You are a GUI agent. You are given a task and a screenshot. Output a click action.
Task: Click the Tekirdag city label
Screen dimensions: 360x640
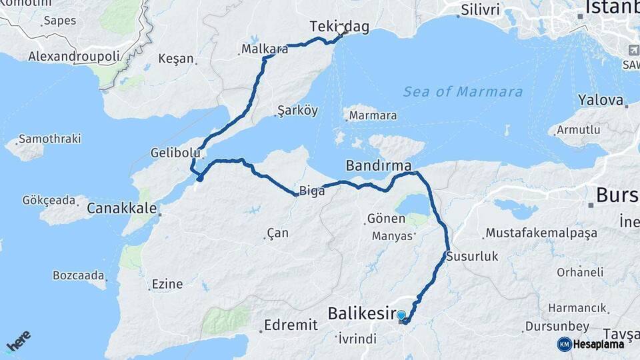click(x=339, y=26)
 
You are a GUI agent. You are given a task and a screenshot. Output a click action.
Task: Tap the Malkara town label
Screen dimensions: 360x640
click(x=264, y=49)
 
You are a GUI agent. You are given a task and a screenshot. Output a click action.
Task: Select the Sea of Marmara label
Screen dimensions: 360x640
click(x=463, y=92)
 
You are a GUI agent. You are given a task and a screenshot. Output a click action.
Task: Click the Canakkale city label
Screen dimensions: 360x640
click(x=122, y=209)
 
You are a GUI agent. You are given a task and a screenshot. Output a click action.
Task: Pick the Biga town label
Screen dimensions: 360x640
click(x=312, y=191)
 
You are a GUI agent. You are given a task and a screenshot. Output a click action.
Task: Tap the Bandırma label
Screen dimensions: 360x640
click(x=378, y=165)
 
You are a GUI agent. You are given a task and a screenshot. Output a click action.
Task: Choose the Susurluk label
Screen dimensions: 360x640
click(x=472, y=256)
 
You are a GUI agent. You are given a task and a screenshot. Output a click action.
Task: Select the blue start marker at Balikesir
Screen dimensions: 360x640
click(x=401, y=315)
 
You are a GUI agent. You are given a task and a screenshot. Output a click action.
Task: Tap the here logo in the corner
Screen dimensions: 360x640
click(x=18, y=341)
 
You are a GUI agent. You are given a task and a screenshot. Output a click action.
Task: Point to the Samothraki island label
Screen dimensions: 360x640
click(x=49, y=139)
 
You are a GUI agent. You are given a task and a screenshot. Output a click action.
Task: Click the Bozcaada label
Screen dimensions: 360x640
click(x=79, y=275)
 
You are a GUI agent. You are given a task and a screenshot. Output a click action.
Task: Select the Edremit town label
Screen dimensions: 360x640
click(x=290, y=325)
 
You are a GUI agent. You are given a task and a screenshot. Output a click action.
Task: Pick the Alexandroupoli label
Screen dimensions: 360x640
click(x=73, y=57)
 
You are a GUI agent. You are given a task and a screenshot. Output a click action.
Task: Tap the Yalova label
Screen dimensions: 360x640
click(x=601, y=101)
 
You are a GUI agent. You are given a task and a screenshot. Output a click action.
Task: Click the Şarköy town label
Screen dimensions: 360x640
click(x=297, y=111)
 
